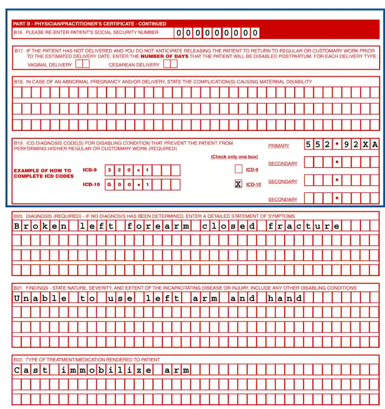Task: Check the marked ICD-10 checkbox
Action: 238,184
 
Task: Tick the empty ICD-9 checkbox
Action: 238,169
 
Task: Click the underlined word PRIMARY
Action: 278,146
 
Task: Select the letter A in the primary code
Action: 375,144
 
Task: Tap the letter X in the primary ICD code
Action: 365,144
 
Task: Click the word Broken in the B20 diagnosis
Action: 40,226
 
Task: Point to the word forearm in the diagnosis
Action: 158,226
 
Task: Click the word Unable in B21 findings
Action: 40,298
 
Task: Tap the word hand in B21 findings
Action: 285,298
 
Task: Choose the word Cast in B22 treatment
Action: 31,370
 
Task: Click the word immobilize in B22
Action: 106,370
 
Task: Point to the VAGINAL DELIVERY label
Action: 50,65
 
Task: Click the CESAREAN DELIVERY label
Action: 134,65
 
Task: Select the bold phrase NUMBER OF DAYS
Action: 164,56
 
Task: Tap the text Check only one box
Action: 234,157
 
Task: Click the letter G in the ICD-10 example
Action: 109,184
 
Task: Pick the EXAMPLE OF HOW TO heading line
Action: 42,170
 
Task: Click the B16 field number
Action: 18,33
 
